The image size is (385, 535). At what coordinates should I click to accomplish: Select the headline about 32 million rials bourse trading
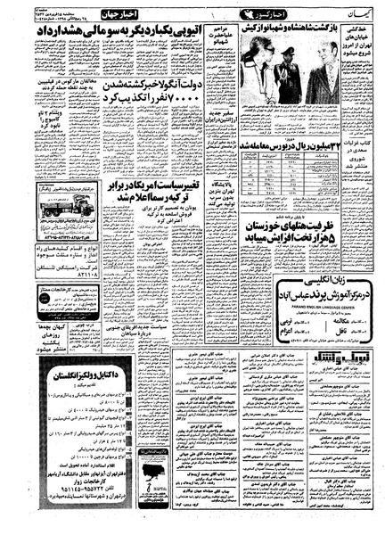(282, 146)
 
